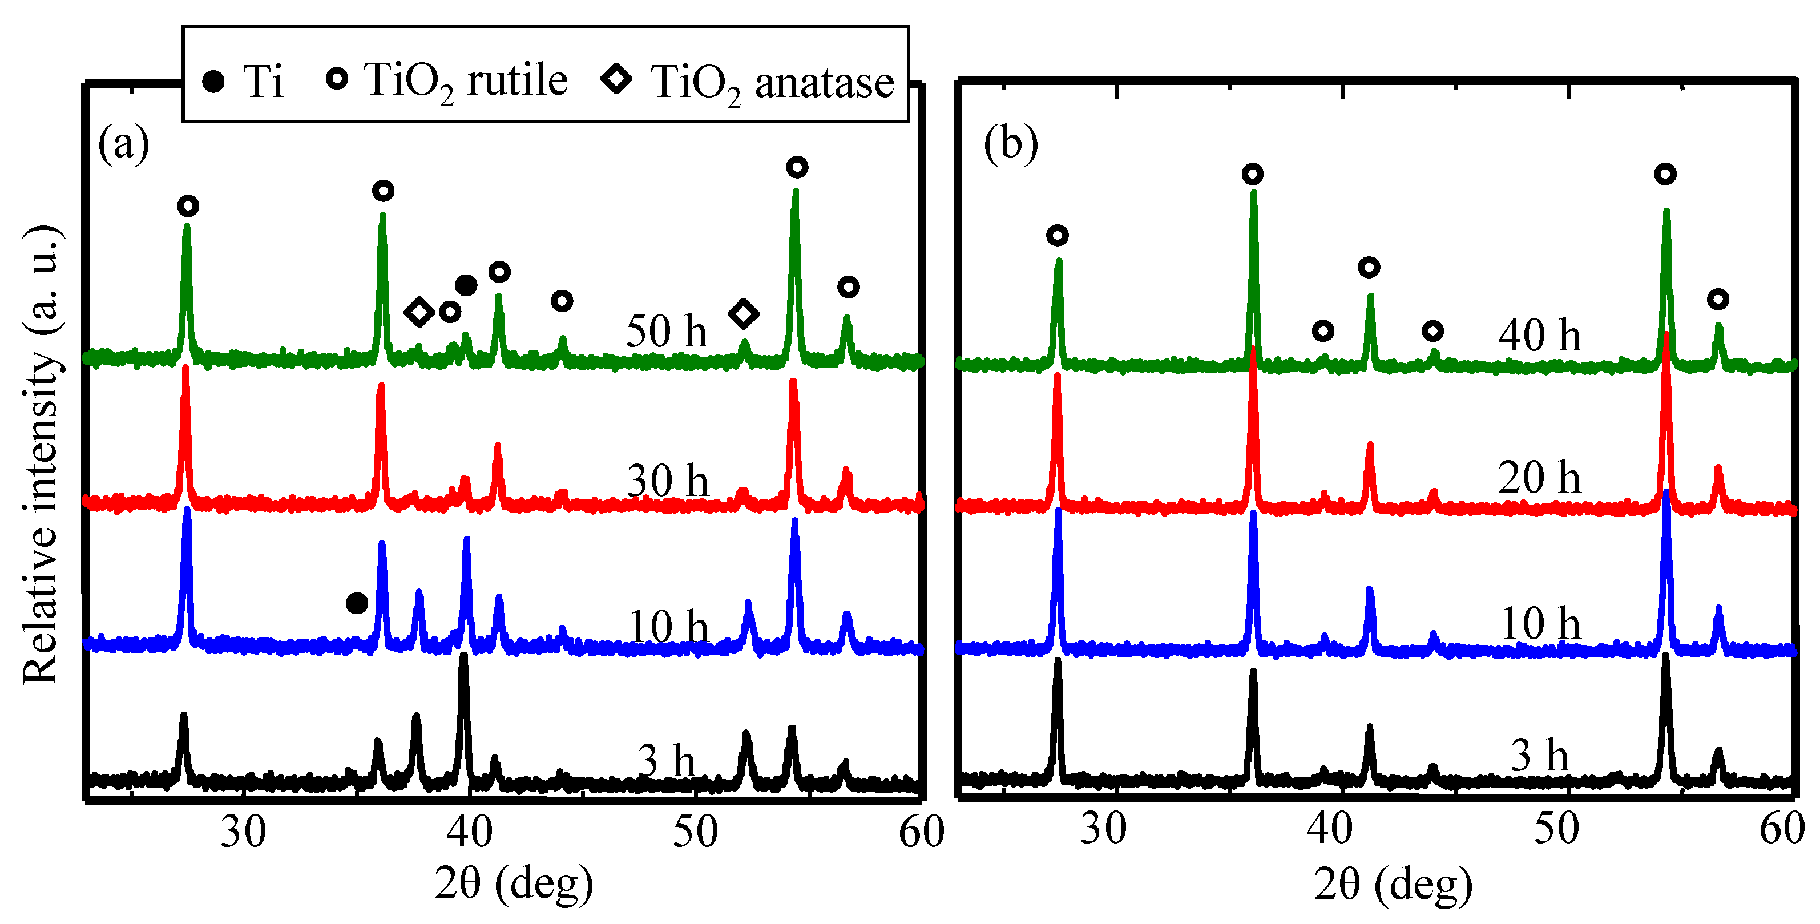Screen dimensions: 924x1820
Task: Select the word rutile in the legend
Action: (x=517, y=80)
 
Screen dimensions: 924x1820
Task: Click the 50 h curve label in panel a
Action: (x=665, y=332)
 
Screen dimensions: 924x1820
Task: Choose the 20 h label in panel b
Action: (x=1539, y=478)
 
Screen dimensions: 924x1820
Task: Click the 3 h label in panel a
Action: (x=666, y=761)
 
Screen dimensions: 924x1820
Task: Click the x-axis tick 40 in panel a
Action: (x=469, y=832)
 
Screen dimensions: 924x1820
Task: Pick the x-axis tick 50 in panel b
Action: (x=1556, y=829)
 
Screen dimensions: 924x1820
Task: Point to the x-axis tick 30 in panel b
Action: (x=1104, y=829)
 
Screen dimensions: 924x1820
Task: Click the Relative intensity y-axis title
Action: (x=41, y=455)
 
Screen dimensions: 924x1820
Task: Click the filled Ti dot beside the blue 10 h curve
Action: (x=357, y=603)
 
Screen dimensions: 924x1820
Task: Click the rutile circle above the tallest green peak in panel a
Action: (x=797, y=167)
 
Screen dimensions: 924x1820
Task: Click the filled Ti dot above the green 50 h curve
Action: (x=466, y=285)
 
